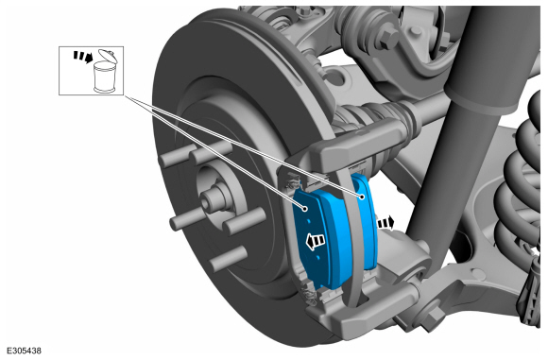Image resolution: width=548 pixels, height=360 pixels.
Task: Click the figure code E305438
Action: (x=24, y=351)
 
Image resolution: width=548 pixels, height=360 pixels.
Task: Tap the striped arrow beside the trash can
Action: (x=83, y=57)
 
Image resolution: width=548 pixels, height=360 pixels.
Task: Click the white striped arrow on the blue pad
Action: (x=316, y=241)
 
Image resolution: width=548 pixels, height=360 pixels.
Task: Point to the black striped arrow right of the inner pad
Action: (x=385, y=223)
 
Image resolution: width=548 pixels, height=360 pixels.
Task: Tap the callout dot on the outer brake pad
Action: (x=305, y=209)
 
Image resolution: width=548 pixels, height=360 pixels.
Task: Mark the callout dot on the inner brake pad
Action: (x=363, y=197)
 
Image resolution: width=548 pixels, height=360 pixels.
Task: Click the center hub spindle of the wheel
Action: (x=212, y=199)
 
